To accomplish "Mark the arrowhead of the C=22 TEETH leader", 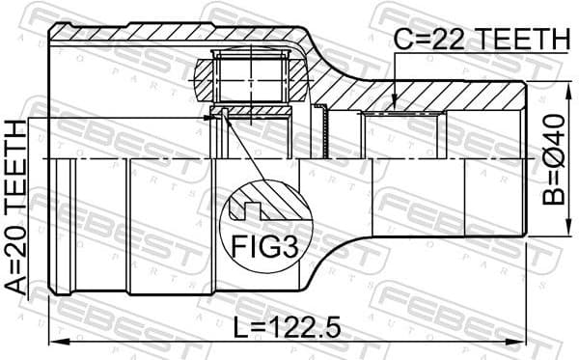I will (395, 103).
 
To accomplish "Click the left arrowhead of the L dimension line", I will (53, 343).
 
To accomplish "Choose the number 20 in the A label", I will (16, 231).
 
